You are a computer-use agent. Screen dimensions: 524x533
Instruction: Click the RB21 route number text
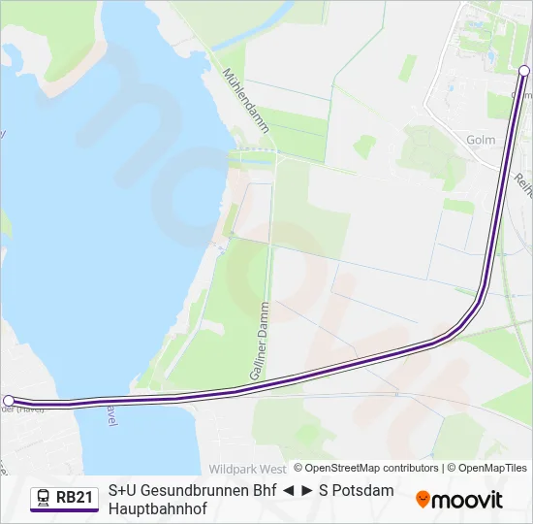(75, 498)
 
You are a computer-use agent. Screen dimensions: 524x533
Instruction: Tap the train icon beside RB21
(44, 498)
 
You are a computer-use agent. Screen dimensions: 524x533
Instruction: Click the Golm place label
(481, 140)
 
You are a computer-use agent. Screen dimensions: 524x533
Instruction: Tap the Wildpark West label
(247, 468)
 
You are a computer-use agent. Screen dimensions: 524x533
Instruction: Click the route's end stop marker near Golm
(524, 71)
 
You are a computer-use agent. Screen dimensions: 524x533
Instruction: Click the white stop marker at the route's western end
(9, 400)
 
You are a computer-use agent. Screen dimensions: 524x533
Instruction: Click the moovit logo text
(467, 500)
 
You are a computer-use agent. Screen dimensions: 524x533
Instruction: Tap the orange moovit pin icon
(423, 500)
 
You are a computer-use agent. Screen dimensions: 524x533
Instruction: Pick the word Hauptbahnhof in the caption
(158, 508)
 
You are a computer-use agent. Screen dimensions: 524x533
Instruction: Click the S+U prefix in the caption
(122, 490)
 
